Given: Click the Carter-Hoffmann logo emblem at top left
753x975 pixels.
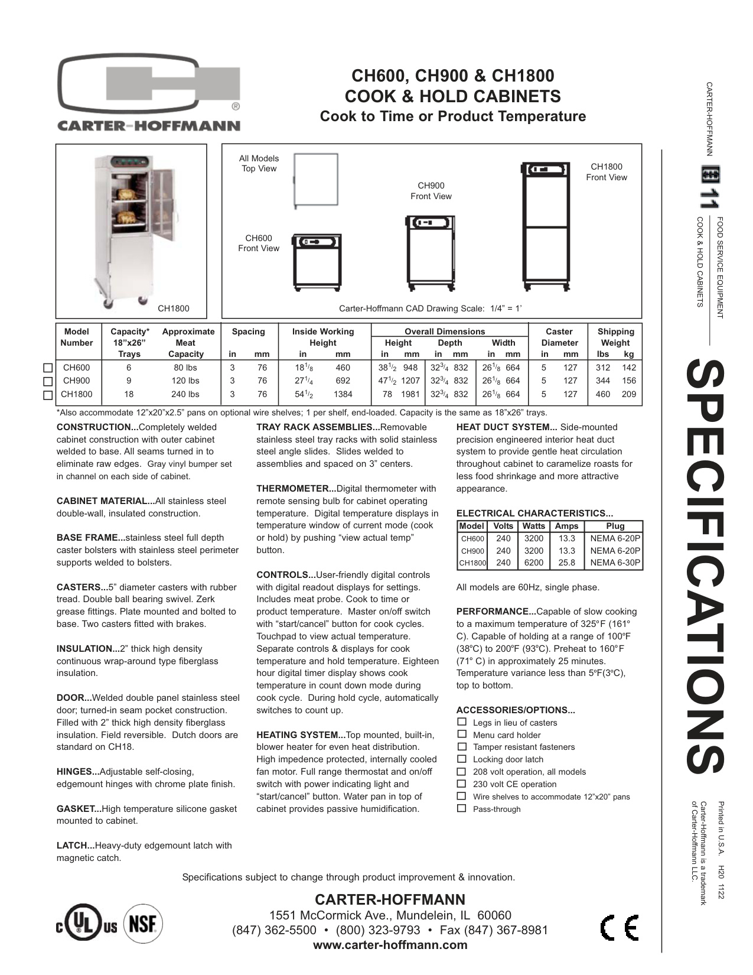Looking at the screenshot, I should (x=149, y=88).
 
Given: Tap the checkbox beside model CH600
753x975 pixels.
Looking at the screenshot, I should (x=48, y=368).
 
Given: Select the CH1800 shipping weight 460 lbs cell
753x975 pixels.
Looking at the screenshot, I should (x=603, y=394).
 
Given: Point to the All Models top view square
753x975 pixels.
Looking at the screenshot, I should (x=317, y=180).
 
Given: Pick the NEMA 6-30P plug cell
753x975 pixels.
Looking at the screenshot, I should (x=615, y=563).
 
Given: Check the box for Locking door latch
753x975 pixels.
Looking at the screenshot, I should (x=462, y=759).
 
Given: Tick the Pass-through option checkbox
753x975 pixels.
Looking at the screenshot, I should (x=462, y=808).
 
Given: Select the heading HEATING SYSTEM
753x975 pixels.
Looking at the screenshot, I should (x=301, y=735).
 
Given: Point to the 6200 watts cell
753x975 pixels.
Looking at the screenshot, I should (x=533, y=563).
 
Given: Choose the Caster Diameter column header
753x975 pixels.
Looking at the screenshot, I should (x=559, y=337).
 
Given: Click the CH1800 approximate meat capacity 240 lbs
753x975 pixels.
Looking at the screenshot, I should (x=185, y=394).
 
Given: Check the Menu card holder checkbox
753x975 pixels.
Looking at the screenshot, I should (x=462, y=734).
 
